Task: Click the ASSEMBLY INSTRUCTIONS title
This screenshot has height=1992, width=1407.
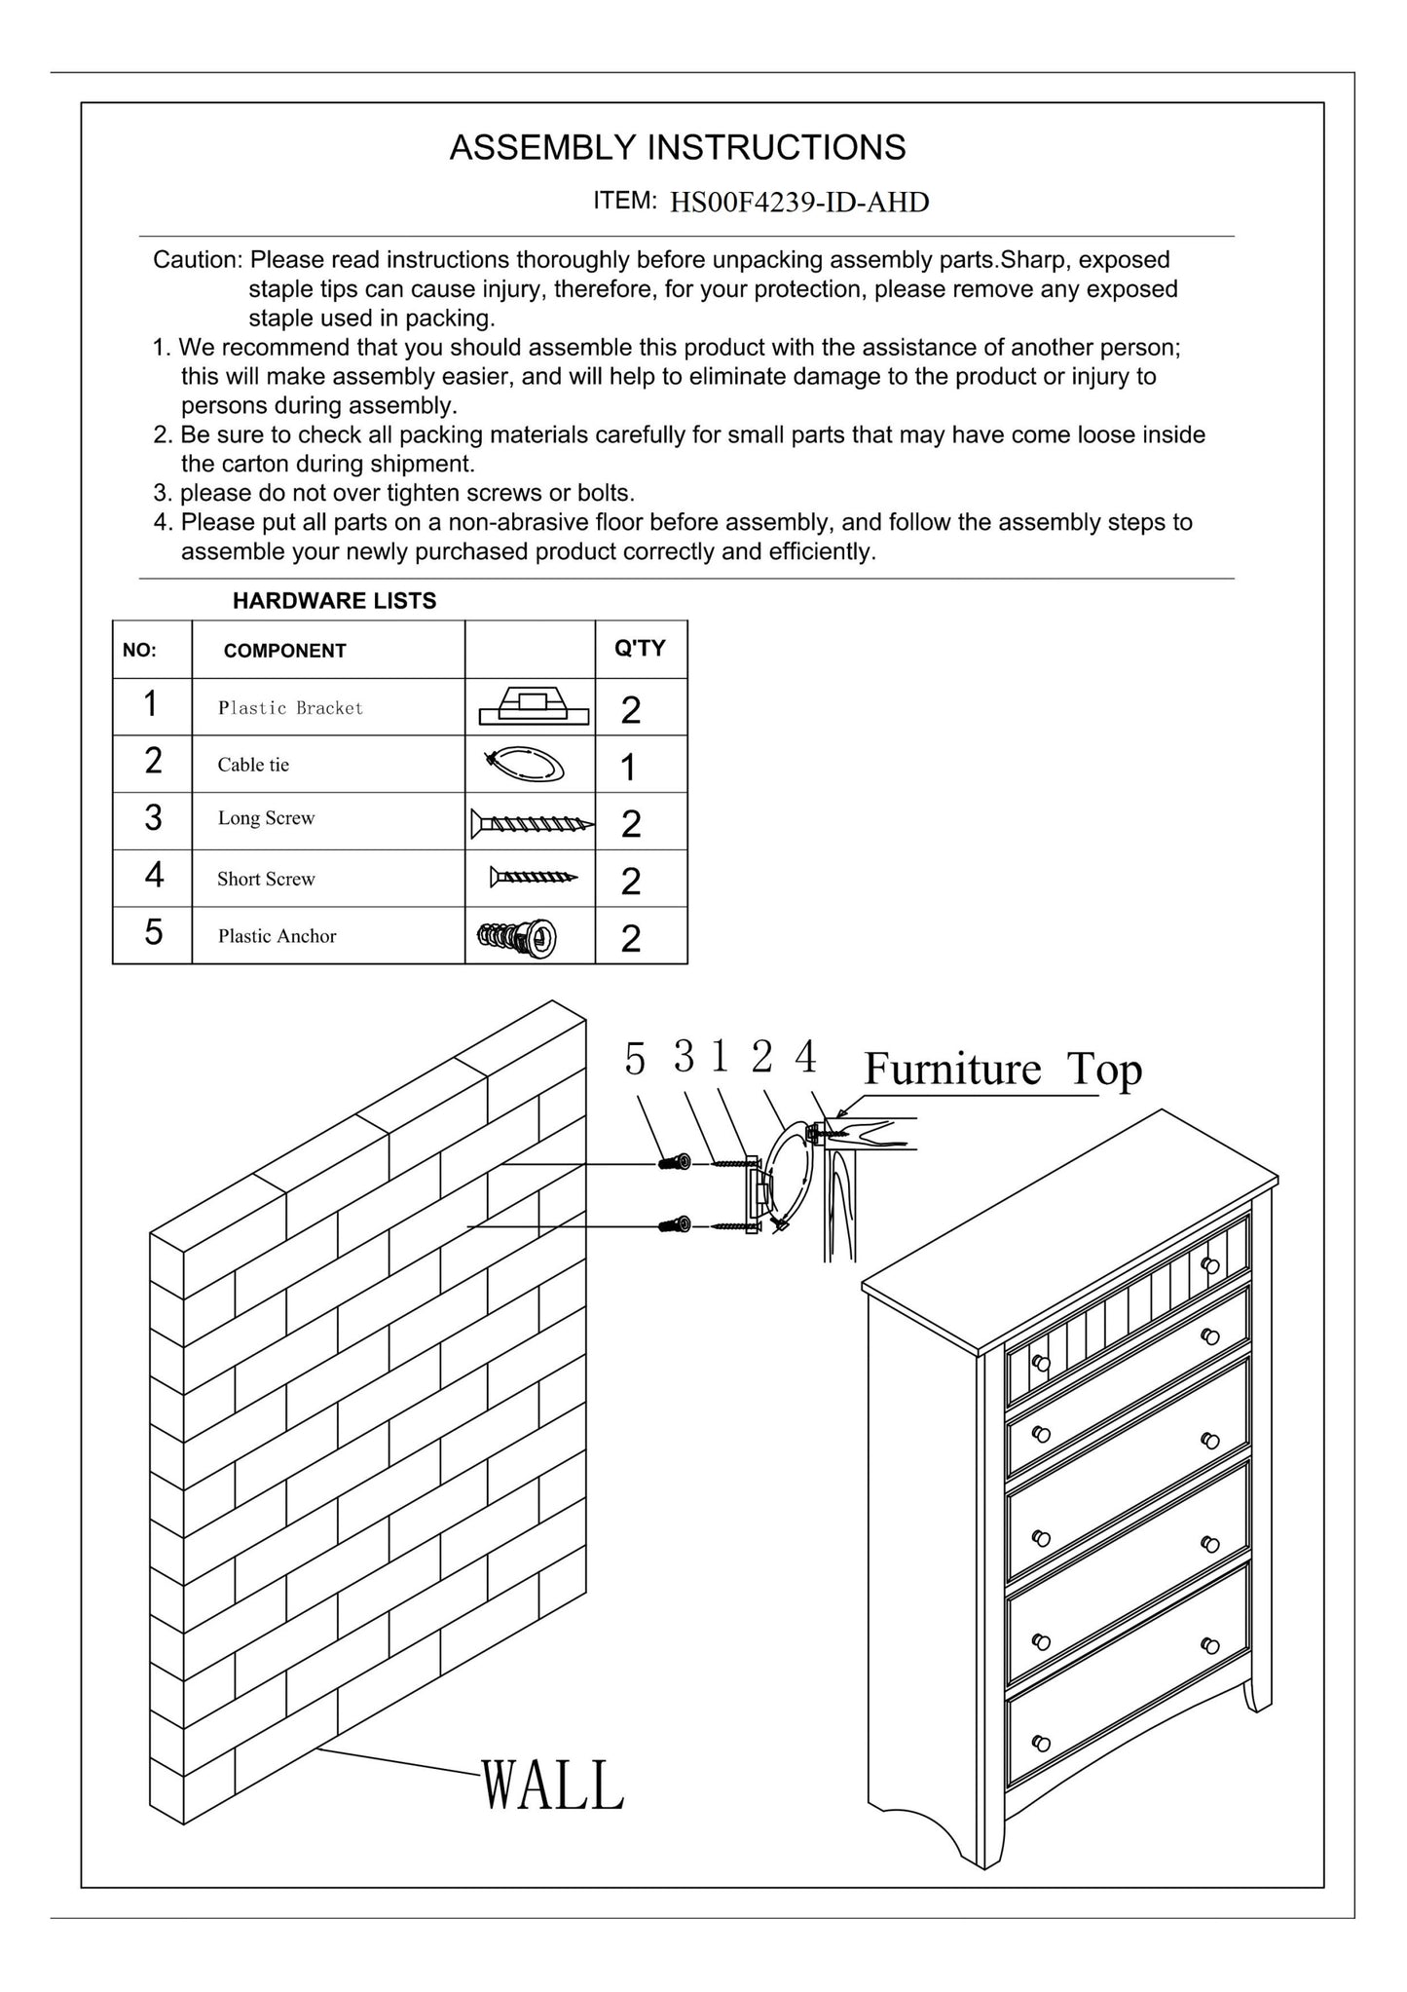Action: pyautogui.click(x=677, y=148)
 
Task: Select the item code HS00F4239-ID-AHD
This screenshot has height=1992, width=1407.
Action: pyautogui.click(x=799, y=203)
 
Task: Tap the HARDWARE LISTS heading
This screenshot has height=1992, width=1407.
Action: pyautogui.click(x=334, y=601)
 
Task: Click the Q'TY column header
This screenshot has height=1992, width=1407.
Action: pyautogui.click(x=640, y=649)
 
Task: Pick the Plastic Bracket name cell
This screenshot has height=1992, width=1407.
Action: pyautogui.click(x=290, y=708)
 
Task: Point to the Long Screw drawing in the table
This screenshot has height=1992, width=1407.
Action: pyautogui.click(x=532, y=823)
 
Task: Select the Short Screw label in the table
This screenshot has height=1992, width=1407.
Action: pyautogui.click(x=266, y=879)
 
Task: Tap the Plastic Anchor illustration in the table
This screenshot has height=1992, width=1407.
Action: pyautogui.click(x=517, y=937)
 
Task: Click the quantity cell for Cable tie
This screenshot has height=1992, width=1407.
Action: pyautogui.click(x=629, y=768)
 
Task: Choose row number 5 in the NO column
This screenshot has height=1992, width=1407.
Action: pyautogui.click(x=153, y=933)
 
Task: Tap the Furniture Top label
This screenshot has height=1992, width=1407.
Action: pyautogui.click(x=1002, y=1069)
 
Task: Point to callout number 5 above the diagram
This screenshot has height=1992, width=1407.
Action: pyautogui.click(x=635, y=1060)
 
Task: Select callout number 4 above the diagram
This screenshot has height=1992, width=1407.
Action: pyautogui.click(x=805, y=1057)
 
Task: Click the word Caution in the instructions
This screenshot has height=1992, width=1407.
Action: pyautogui.click(x=197, y=261)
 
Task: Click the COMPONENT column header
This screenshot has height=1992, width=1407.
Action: pyautogui.click(x=284, y=651)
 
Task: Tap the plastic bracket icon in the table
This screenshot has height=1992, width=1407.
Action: pyautogui.click(x=534, y=708)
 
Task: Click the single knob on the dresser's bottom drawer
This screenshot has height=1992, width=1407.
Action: pyautogui.click(x=1040, y=1742)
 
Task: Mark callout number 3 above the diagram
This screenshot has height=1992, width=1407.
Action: pyautogui.click(x=684, y=1057)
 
